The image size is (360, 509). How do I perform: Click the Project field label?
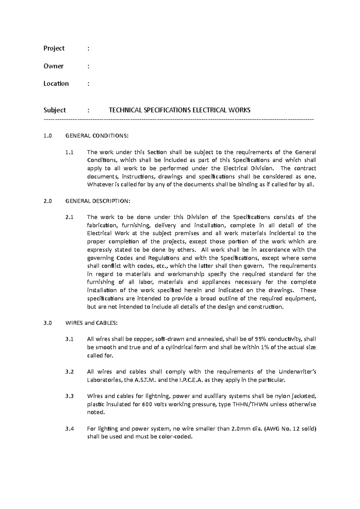pyautogui.click(x=54, y=49)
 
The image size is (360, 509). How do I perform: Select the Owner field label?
pyautogui.click(x=53, y=66)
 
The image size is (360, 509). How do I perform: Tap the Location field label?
pyautogui.click(x=56, y=84)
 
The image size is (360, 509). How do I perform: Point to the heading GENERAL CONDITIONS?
pyautogui.click(x=97, y=136)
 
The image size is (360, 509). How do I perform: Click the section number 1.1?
pyautogui.click(x=69, y=152)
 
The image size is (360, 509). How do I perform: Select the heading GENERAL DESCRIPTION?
pyautogui.click(x=98, y=201)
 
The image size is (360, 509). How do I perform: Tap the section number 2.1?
pyautogui.click(x=69, y=217)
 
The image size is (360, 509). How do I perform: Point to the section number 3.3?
pyautogui.click(x=69, y=396)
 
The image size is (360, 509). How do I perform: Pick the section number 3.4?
pyautogui.click(x=69, y=429)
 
